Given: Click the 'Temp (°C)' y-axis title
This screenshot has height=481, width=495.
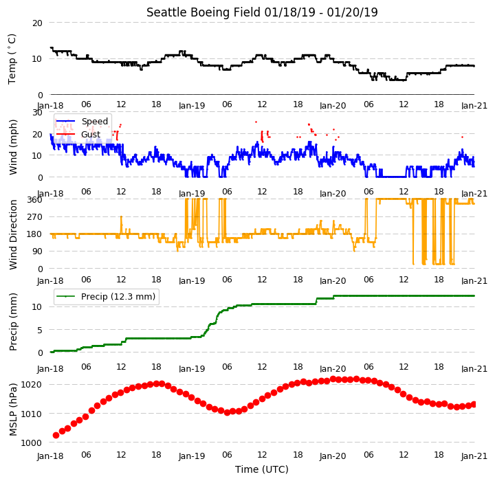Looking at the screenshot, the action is [x=12, y=59].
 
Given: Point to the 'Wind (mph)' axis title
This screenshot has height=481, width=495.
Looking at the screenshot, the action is [x=12, y=147].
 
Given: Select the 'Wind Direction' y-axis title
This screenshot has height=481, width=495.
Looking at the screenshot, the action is [x=12, y=234].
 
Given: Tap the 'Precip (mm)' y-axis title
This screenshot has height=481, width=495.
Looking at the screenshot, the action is [x=12, y=322].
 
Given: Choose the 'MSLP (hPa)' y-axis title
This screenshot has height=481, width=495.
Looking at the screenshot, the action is [x=12, y=410].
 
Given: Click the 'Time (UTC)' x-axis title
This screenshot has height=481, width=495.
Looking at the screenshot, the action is [x=262, y=469].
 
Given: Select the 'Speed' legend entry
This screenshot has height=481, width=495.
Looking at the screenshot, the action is [x=95, y=121].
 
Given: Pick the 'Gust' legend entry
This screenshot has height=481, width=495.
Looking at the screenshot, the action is [x=91, y=135].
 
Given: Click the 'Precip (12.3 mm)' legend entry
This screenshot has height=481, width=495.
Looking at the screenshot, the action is [x=118, y=297].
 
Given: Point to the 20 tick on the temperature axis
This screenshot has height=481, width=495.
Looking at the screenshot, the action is [x=37, y=23].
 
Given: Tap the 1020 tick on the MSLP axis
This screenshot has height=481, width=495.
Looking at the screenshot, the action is [x=31, y=384].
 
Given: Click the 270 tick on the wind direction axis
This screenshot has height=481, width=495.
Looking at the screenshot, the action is [x=35, y=217].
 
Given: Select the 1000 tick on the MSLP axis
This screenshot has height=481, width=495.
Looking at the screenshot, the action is [x=31, y=443].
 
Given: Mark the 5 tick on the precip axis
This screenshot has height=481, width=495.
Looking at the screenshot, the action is [x=40, y=330].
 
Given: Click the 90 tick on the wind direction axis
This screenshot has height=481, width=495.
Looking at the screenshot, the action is [x=37, y=251].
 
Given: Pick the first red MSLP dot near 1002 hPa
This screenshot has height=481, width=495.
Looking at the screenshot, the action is [x=56, y=436].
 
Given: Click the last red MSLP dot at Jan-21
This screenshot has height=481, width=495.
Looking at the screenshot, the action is [x=474, y=404].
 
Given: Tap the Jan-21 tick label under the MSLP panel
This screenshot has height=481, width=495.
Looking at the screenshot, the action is [x=474, y=456].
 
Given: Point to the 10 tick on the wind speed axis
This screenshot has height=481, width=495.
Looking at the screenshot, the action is [x=37, y=155].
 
